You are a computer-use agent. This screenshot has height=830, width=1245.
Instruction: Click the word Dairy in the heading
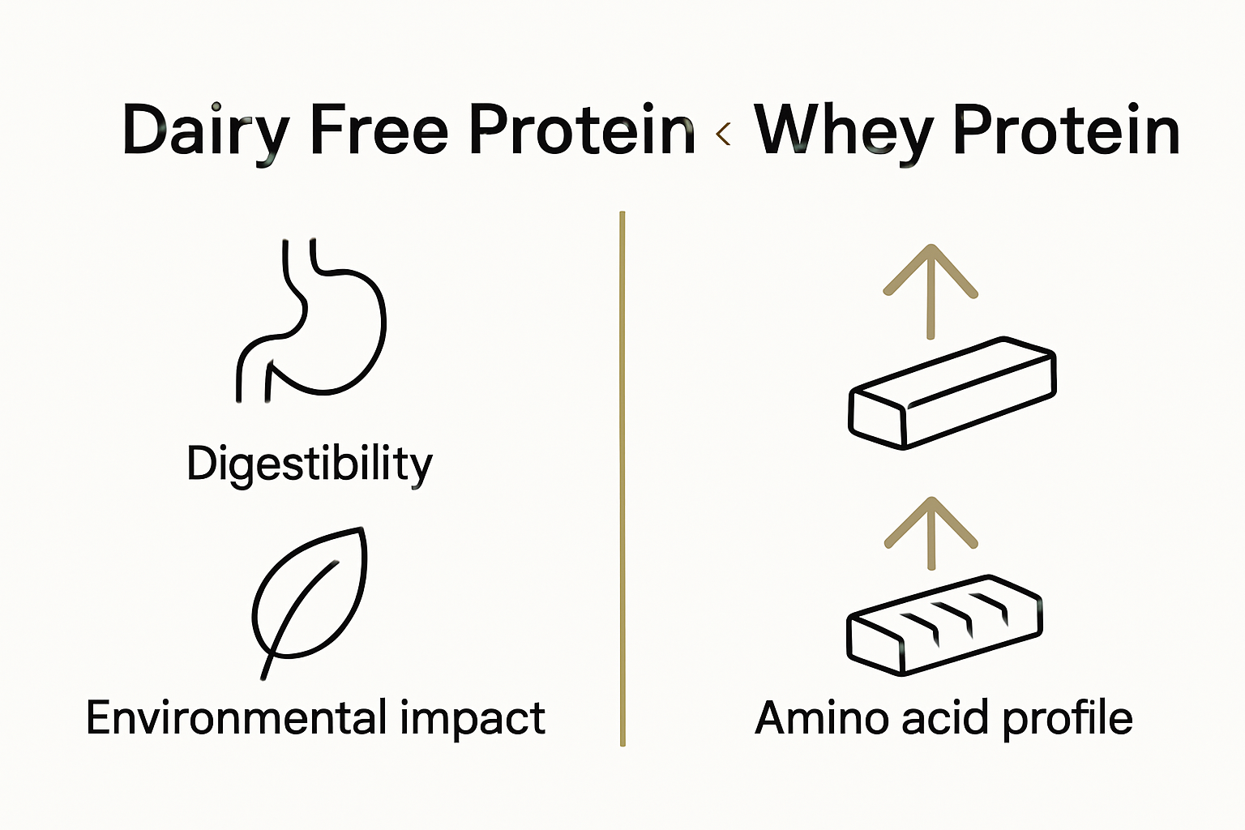click(x=205, y=131)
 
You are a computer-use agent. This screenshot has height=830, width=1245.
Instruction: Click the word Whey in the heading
click(x=843, y=131)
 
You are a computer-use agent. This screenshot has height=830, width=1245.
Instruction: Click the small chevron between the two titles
click(x=724, y=134)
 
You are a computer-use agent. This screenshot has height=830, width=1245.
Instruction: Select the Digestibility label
click(x=310, y=465)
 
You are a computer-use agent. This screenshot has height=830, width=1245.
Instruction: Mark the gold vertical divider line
click(x=622, y=478)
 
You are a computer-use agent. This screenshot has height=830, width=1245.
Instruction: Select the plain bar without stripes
click(x=952, y=392)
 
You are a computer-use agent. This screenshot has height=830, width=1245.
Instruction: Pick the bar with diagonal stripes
click(x=944, y=624)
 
